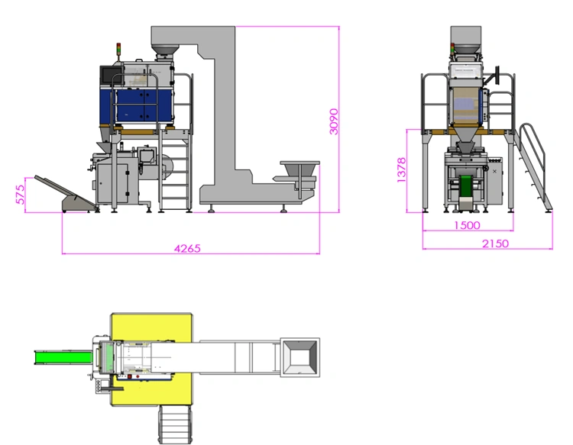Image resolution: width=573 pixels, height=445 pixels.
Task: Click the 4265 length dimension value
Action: tap(187, 249)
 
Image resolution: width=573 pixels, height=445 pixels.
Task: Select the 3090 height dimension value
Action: tap(334, 121)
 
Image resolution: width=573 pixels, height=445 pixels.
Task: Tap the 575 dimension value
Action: tap(21, 194)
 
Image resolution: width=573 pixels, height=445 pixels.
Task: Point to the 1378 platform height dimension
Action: tap(401, 170)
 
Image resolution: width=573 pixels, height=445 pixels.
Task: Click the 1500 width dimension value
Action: tap(467, 225)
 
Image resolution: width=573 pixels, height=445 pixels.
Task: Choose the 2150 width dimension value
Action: tap(495, 243)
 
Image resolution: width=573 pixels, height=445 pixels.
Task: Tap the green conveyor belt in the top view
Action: tap(63, 357)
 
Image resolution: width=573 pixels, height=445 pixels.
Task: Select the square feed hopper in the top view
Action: tap(299, 357)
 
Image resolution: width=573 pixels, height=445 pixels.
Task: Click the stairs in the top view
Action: tap(176, 424)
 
